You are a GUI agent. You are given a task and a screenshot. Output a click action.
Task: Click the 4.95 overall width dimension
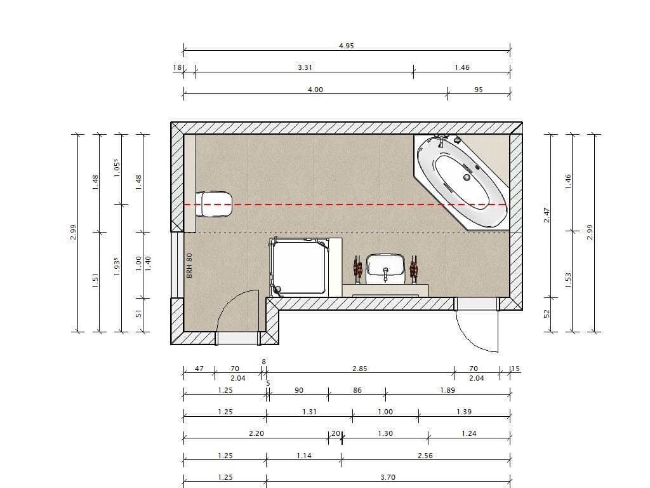(x=346, y=46)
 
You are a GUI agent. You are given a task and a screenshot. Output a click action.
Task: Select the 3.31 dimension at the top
(x=305, y=67)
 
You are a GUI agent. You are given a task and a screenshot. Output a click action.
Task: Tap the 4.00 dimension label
(x=315, y=90)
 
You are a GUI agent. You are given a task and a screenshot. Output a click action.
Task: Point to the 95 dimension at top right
(x=479, y=90)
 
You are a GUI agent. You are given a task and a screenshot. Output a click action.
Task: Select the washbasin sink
(x=385, y=267)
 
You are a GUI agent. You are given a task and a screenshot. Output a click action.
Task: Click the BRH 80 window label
(x=189, y=265)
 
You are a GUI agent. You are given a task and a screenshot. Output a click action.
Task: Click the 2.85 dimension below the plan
(x=360, y=369)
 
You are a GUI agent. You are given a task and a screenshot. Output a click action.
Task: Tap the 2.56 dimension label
(x=425, y=456)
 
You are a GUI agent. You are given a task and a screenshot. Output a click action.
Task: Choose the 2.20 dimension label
(x=256, y=433)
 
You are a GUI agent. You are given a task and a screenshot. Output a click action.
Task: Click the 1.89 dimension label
(x=448, y=390)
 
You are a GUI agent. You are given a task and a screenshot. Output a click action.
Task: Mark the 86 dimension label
(x=357, y=390)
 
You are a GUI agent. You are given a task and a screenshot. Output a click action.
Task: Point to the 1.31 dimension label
(x=309, y=412)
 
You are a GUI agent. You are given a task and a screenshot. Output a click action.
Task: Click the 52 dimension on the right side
(x=547, y=314)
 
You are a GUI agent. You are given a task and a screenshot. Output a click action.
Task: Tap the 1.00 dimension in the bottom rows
(x=385, y=412)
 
